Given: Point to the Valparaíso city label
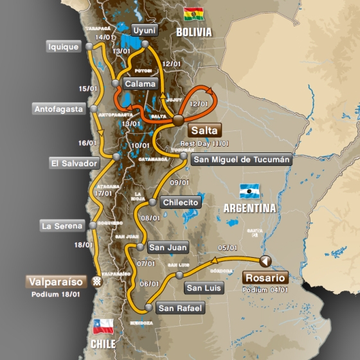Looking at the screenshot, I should click(57, 282).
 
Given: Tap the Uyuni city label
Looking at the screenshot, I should click(145, 30).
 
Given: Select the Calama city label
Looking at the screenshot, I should click(139, 84).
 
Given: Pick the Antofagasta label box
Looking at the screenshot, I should click(59, 109).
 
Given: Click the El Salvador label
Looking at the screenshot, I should click(74, 163).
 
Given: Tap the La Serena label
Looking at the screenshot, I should click(62, 226).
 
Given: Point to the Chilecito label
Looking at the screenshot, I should click(181, 202).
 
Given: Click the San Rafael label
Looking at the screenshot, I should click(180, 309).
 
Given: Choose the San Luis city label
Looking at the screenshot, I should click(203, 287).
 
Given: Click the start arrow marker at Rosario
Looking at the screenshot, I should click(264, 260).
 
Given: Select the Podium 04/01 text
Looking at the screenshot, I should click(265, 290).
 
